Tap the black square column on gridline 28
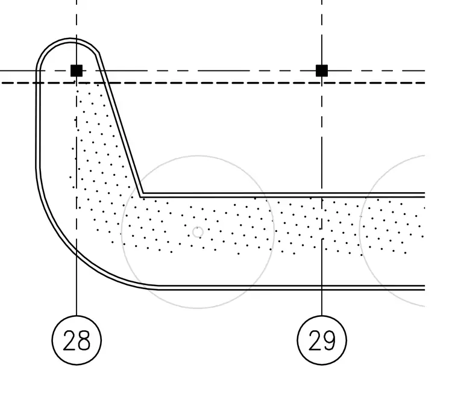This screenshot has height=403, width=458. pyautogui.click(x=77, y=70)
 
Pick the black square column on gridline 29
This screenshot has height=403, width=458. pyautogui.click(x=322, y=70)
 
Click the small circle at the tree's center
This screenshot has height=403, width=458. pyautogui.click(x=198, y=232)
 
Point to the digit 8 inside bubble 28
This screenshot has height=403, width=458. pyautogui.click(x=84, y=340)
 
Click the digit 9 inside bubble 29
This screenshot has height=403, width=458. pyautogui.click(x=329, y=340)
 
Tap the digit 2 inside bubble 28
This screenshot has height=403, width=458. pyautogui.click(x=69, y=340)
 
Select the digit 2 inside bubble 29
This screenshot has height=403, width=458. pyautogui.click(x=315, y=340)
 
